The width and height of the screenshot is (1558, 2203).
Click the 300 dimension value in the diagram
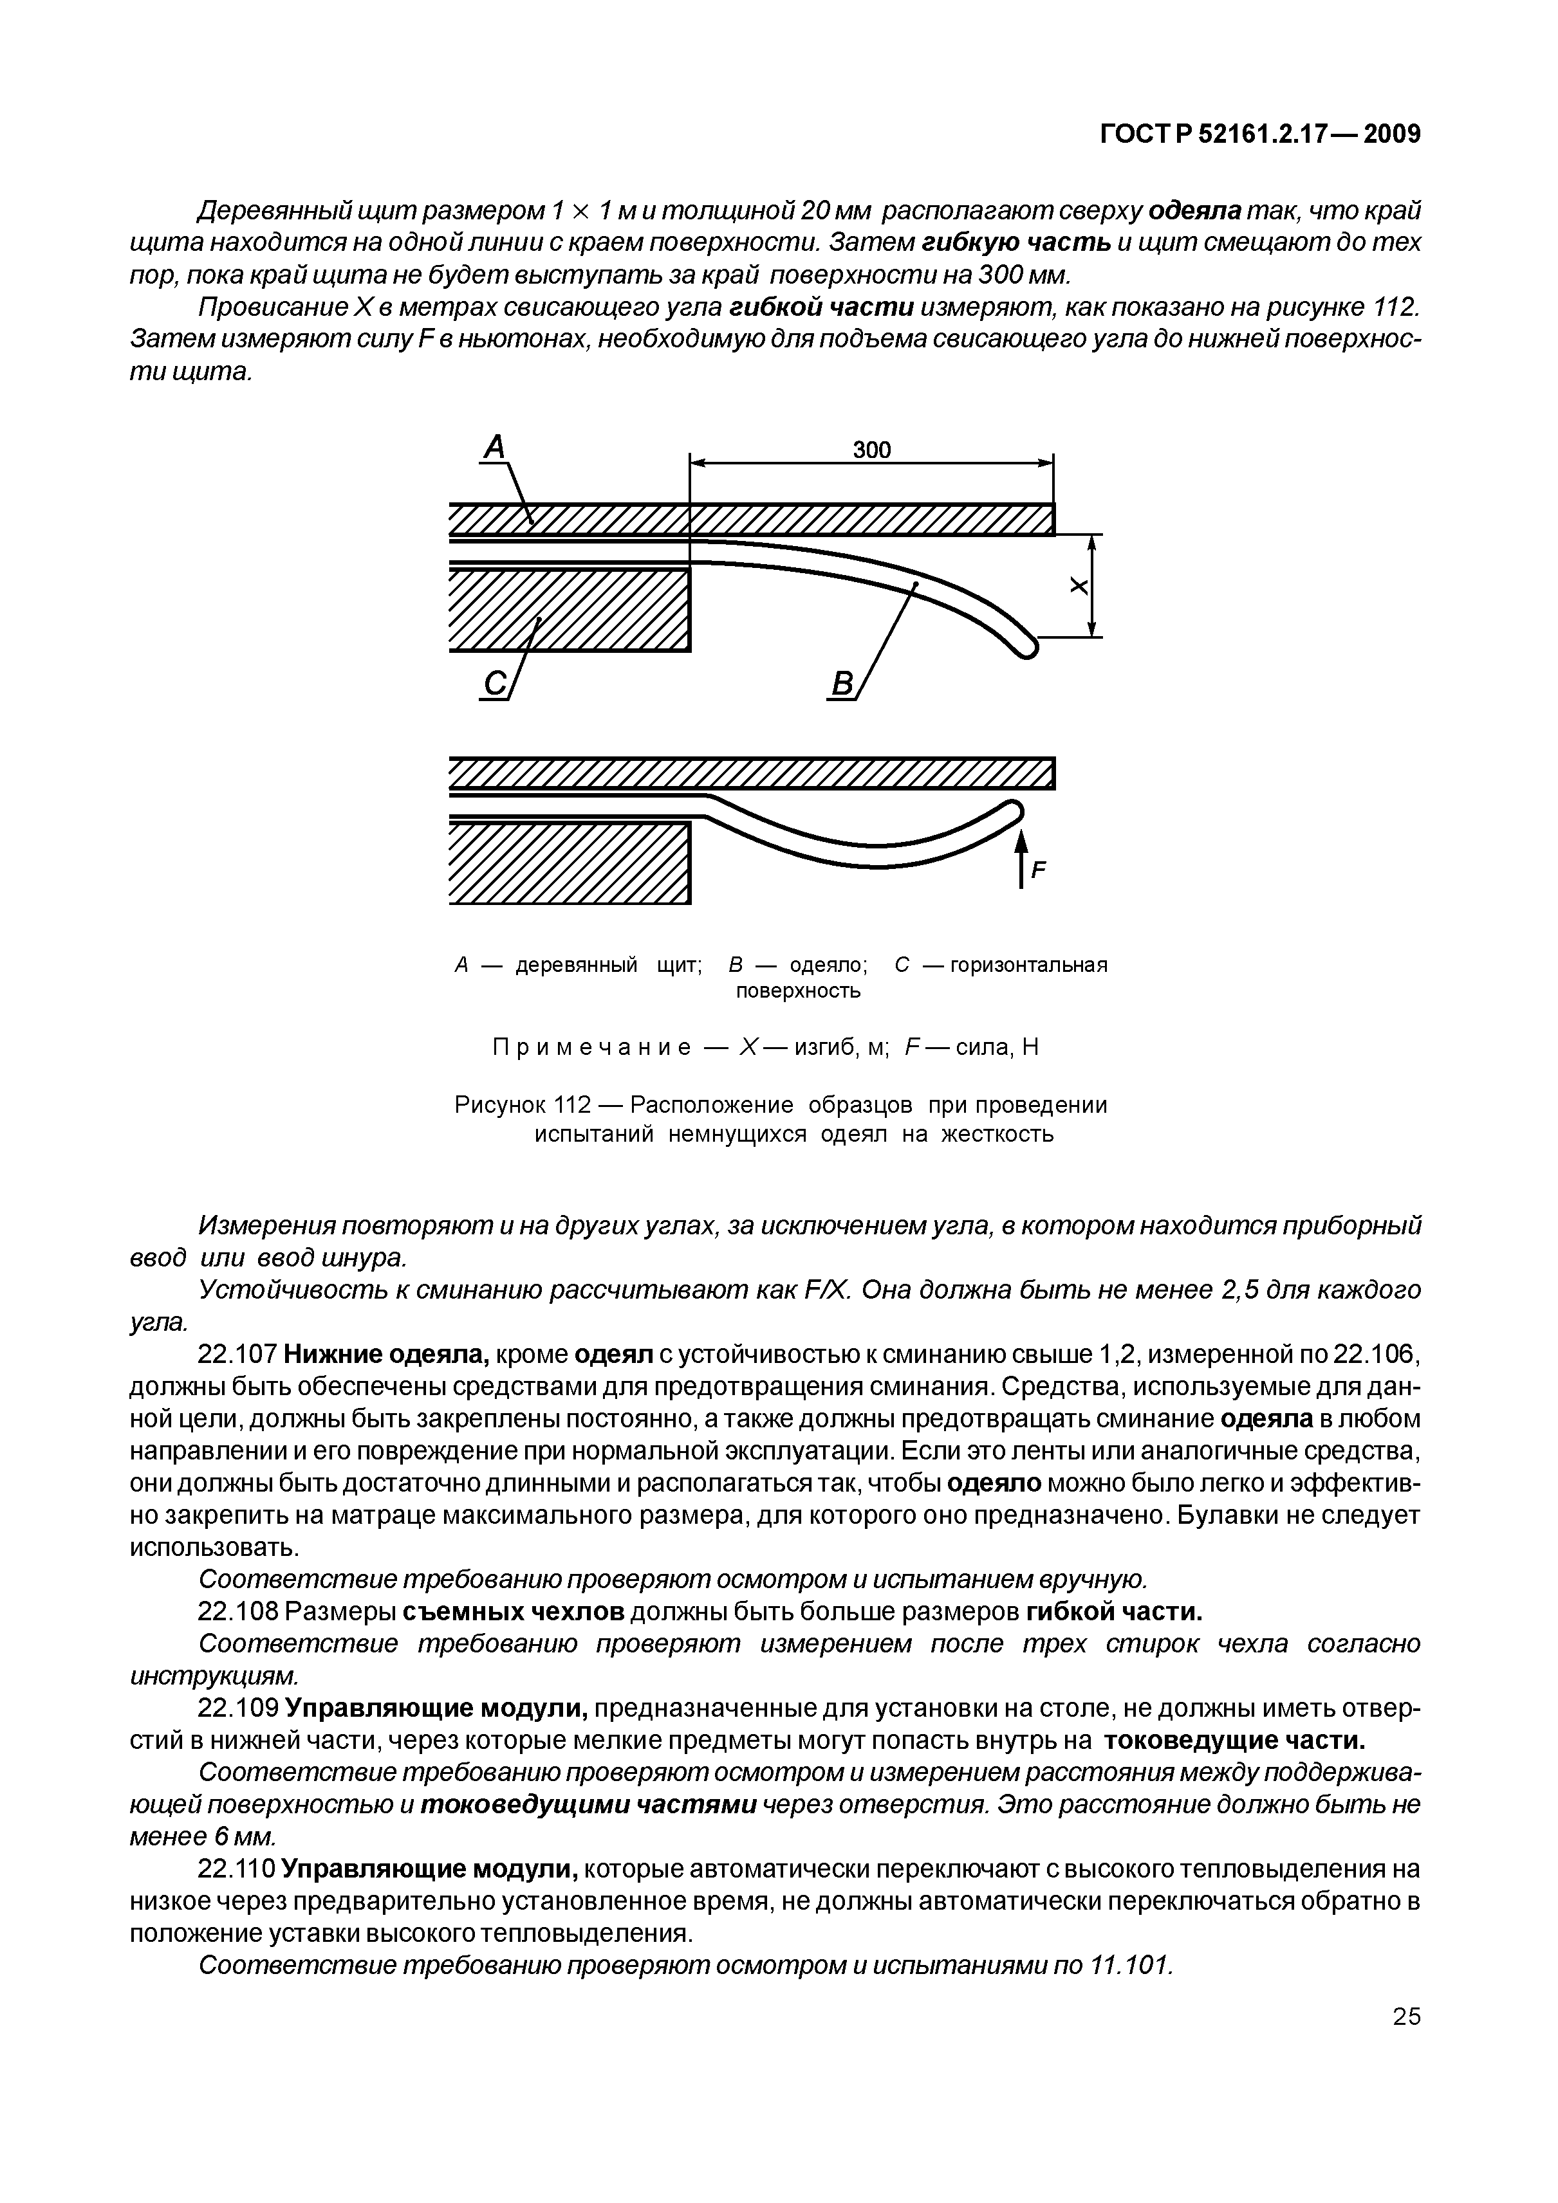pyautogui.click(x=871, y=450)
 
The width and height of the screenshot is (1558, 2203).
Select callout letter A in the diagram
pyautogui.click(x=494, y=447)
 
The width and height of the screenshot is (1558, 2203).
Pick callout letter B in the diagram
pyautogui.click(x=841, y=685)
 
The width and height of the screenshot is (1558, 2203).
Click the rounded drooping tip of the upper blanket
pyautogui.click(x=1026, y=648)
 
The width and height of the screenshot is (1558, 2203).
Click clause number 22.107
pyautogui.click(x=237, y=1355)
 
